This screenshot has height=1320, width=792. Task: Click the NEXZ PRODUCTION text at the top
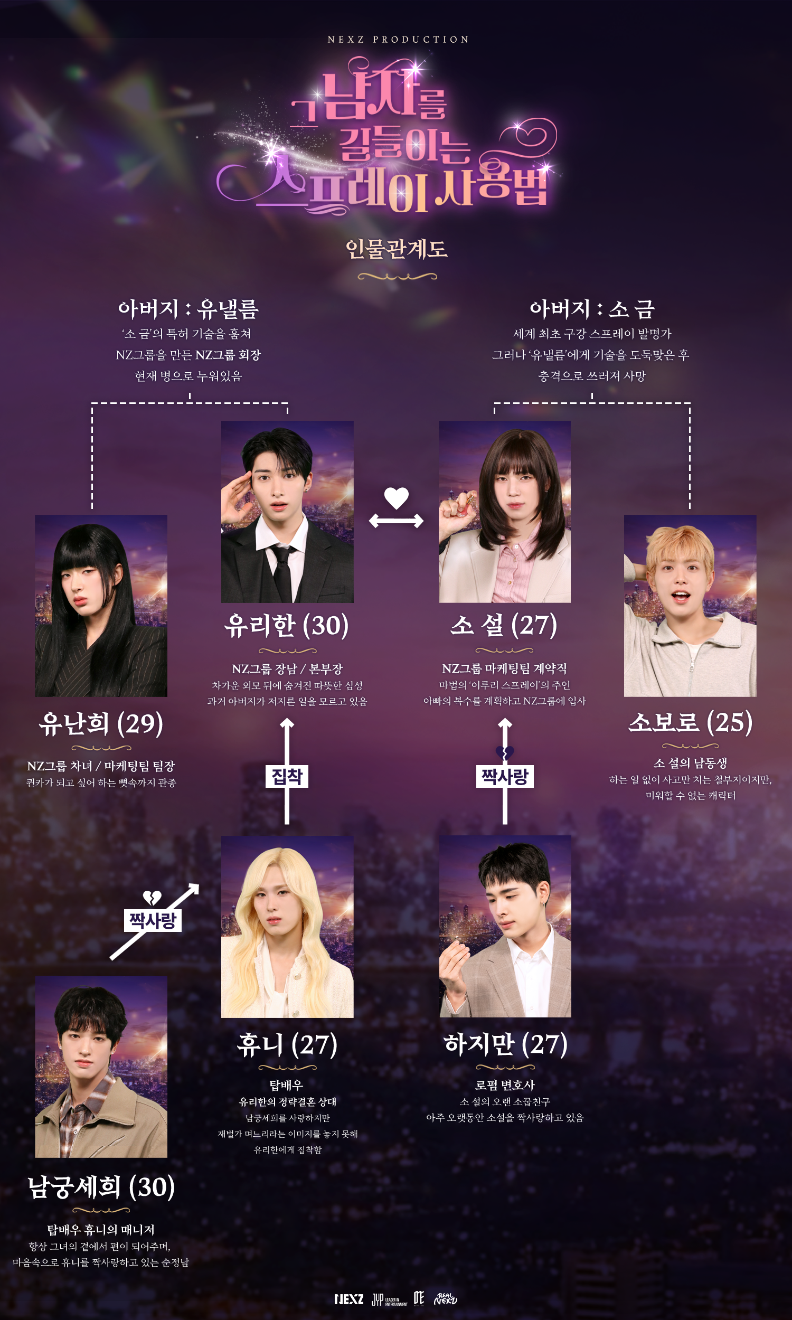398,40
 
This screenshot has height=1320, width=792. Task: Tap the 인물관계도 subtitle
397,249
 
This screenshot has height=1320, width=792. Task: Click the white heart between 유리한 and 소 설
397,498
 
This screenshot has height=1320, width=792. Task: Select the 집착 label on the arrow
287,776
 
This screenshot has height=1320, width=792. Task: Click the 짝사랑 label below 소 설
504,776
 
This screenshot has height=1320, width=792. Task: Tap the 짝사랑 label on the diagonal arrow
153,920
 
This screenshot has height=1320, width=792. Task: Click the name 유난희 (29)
101,724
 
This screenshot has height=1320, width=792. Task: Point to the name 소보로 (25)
690,722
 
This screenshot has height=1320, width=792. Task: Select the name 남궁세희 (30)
101,1187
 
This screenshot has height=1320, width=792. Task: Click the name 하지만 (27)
505,1044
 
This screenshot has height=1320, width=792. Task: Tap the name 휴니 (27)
287,1045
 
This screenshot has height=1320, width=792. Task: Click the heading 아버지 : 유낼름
188,309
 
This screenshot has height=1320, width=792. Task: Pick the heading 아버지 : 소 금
592,309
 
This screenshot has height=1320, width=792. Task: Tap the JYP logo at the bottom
390,1299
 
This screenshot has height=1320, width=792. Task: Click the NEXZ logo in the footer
349,1299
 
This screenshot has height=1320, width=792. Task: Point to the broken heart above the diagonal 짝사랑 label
152,898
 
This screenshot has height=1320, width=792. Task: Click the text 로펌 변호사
505,1085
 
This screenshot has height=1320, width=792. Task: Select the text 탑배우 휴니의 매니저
101,1230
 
